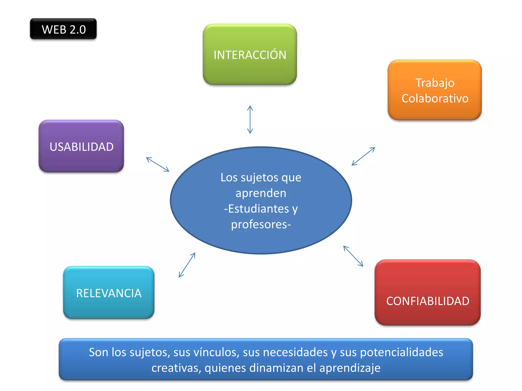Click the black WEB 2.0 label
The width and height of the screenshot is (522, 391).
63,29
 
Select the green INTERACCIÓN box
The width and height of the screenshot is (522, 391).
250,54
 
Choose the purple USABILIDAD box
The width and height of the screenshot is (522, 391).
81,146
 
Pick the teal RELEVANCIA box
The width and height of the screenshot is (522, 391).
109,293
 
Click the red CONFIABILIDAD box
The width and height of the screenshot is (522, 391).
427,293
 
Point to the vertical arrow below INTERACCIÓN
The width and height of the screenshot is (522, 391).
250,119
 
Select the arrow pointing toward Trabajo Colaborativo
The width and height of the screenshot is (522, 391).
363,156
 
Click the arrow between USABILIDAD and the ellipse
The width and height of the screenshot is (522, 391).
158,164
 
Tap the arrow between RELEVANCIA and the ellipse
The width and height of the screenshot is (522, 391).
187,265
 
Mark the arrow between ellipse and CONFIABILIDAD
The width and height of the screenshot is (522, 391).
353,256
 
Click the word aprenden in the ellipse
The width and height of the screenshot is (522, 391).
261,193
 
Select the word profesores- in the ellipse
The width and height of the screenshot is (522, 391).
261,225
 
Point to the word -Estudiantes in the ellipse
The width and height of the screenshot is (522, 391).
256,209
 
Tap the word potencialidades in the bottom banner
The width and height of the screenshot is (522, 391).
401,352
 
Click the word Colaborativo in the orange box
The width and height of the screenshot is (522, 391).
435,99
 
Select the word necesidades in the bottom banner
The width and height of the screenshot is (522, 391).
295,352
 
